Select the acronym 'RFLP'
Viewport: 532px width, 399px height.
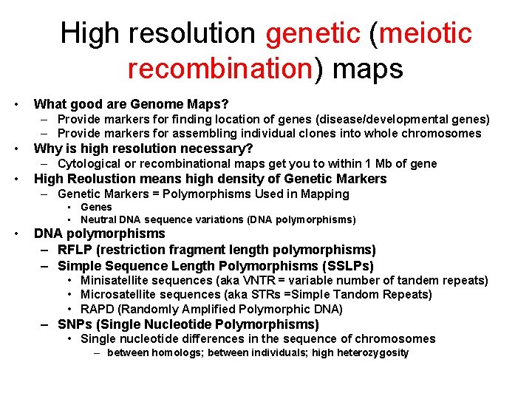click(76, 250)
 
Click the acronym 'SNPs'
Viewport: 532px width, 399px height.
click(75, 324)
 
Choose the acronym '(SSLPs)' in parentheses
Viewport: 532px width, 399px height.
click(347, 265)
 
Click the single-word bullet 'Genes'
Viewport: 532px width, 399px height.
click(96, 208)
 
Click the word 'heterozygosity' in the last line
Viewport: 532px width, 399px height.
click(372, 353)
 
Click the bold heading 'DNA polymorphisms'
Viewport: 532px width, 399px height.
click(100, 233)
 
